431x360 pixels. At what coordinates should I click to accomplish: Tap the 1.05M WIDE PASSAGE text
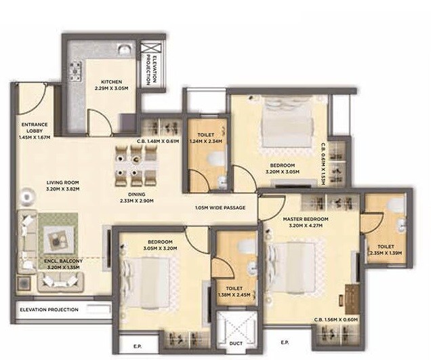[x=220, y=207]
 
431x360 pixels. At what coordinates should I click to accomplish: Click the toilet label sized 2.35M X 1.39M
[x=385, y=249]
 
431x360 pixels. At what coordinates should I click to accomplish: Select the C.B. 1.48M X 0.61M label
[x=157, y=142]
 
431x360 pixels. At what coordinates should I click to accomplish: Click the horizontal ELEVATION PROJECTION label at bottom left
[x=49, y=310]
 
